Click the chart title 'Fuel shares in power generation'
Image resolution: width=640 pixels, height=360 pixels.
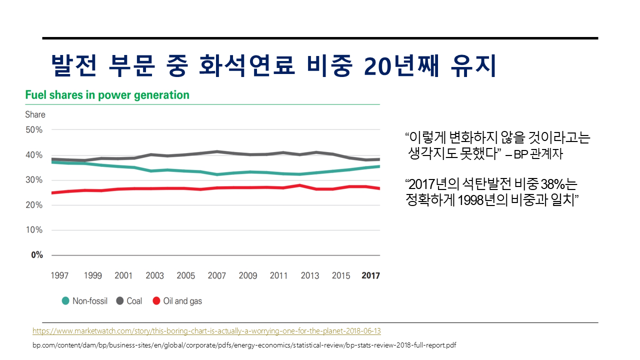coord(107,95)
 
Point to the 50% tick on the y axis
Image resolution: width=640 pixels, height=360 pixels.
coord(34,130)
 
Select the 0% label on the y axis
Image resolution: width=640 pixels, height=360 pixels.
coord(37,255)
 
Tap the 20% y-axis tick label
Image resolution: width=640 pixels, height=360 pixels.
coord(34,205)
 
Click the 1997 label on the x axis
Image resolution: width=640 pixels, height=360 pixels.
coord(60,275)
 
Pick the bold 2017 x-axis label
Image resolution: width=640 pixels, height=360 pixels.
coord(370,275)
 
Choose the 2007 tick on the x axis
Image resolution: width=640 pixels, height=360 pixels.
coord(217,275)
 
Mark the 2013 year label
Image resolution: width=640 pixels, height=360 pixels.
coord(310,275)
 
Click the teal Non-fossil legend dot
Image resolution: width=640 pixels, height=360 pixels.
coord(65,301)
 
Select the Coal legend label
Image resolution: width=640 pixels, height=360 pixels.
coord(134,301)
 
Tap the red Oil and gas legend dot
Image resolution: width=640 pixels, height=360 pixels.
coord(156,301)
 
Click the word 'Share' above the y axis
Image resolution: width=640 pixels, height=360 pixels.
coord(35,114)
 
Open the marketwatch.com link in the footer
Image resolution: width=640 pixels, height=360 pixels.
coord(206,331)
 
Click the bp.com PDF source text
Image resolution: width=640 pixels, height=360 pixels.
coord(244,345)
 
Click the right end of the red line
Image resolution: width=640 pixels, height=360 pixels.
coord(379,188)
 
